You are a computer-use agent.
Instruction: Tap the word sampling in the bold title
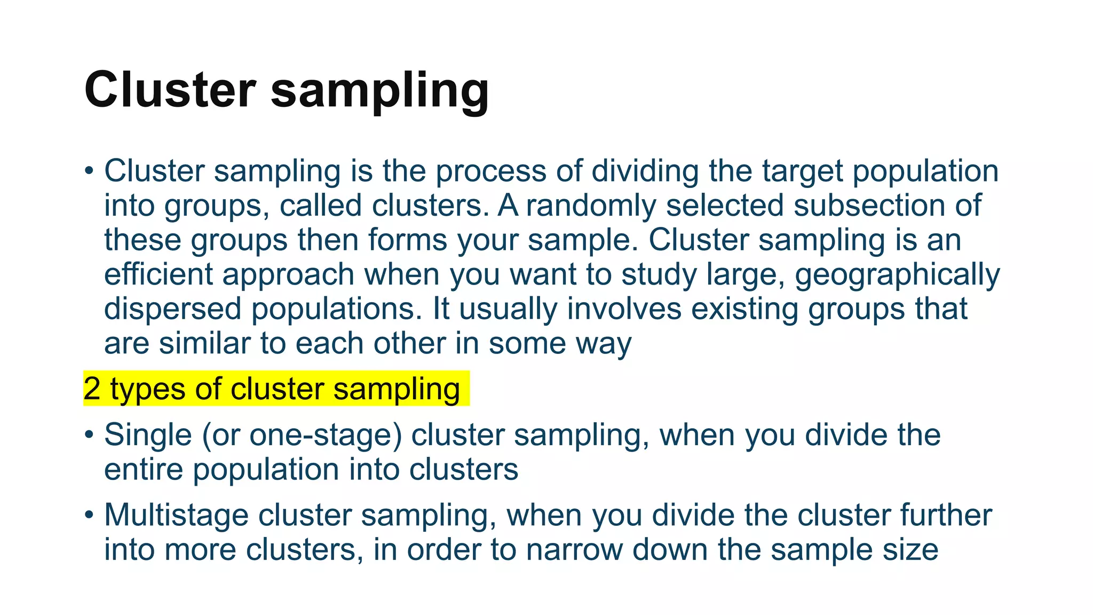tap(379, 92)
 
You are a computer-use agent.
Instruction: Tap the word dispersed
tap(172, 310)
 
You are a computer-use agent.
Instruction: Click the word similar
tap(204, 343)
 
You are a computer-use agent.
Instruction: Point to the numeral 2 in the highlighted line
tap(92, 389)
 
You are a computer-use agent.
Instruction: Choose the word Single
tap(148, 436)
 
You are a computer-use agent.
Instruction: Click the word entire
tap(143, 470)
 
